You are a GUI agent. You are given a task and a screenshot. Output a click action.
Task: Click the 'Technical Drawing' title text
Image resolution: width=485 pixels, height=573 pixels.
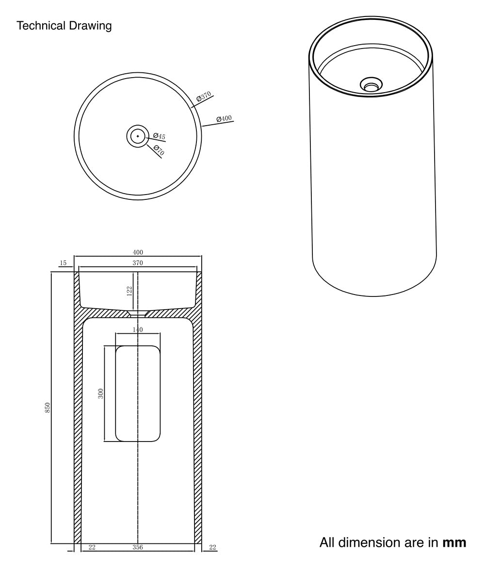pos(64,26)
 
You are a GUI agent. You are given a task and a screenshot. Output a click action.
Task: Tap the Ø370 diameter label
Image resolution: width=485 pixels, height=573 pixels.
pos(204,97)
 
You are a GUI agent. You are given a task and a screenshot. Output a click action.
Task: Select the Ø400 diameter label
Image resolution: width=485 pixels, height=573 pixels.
pos(224,118)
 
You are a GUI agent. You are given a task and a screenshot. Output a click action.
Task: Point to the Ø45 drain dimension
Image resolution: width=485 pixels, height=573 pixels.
pos(159,136)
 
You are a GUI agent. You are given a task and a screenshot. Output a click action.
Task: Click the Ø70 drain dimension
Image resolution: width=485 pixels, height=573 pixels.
pos(159,150)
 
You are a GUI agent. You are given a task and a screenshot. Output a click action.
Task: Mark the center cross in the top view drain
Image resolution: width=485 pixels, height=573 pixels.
pos(138,136)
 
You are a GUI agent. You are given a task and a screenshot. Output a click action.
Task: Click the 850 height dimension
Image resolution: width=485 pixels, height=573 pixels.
pos(48,407)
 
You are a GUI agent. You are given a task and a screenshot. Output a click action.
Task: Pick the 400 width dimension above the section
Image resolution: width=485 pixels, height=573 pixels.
pos(138,252)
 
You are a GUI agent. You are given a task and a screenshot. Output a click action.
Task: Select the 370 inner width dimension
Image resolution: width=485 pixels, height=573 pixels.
pos(138,263)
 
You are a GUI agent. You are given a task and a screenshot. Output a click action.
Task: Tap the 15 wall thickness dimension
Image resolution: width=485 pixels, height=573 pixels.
pos(63,263)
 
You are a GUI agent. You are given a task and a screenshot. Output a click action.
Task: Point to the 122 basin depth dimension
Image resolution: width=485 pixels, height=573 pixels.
pos(129,291)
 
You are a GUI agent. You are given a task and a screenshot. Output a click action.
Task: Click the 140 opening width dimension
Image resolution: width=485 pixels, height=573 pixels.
pos(138,330)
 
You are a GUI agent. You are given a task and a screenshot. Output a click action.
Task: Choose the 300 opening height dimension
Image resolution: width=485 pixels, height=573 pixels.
pos(101,393)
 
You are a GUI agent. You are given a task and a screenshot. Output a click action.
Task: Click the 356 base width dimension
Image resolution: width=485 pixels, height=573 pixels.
pos(138,548)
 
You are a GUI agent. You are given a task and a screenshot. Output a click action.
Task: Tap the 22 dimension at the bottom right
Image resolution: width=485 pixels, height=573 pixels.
pos(212,548)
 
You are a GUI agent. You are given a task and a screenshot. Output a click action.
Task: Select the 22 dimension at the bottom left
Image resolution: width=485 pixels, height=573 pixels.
pos(92,548)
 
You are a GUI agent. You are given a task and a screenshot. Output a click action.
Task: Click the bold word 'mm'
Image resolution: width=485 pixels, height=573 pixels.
pos(454,542)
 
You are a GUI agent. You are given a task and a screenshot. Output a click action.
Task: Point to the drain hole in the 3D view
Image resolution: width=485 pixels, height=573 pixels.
pos(371,84)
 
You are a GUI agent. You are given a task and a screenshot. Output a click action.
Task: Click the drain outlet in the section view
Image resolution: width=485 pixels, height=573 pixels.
pos(138,313)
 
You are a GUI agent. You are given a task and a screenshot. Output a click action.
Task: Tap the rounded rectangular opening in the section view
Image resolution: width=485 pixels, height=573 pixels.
pos(138,393)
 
